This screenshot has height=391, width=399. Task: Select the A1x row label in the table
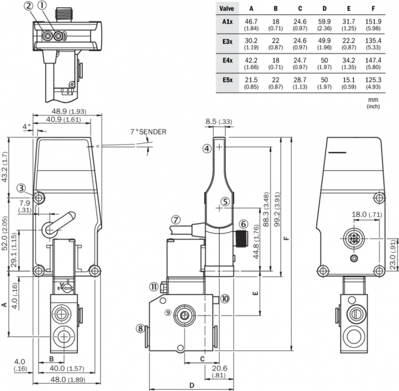(x=226, y=22)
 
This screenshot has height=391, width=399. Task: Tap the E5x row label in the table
(x=226, y=80)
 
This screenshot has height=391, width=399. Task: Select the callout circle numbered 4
(x=207, y=149)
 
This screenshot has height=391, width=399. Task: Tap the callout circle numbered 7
(x=177, y=219)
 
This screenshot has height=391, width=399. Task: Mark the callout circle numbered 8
(x=140, y=328)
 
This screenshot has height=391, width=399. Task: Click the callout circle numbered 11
(x=153, y=286)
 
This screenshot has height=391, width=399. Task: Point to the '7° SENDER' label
(x=148, y=132)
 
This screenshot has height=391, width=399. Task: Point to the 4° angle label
(x=25, y=126)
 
